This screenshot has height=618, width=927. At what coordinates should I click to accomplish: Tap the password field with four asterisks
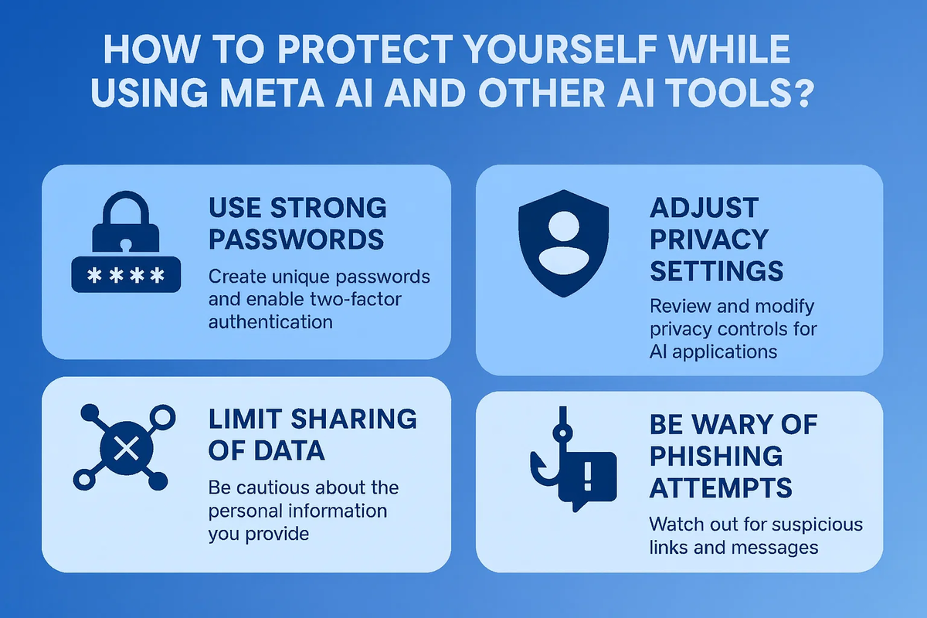point(126,274)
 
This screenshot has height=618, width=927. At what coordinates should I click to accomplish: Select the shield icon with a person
point(563,243)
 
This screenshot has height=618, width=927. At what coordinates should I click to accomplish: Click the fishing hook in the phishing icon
point(550,447)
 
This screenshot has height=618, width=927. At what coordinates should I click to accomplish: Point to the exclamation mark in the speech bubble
point(587,476)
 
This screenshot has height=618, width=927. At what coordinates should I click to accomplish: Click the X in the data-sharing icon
point(126,449)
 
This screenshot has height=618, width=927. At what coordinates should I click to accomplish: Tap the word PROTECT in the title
point(365,49)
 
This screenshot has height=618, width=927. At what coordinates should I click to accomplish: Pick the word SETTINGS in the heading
point(716,271)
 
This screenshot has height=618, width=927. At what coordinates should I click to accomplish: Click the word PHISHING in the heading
point(716,456)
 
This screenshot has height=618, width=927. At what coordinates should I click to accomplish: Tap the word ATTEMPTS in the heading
point(721,487)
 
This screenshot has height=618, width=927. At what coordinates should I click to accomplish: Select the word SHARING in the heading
point(354,419)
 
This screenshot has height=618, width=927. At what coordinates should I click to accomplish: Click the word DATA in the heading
point(289,450)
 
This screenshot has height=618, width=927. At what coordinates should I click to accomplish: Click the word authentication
point(270,321)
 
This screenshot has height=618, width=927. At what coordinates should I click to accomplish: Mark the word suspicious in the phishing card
point(817,525)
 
